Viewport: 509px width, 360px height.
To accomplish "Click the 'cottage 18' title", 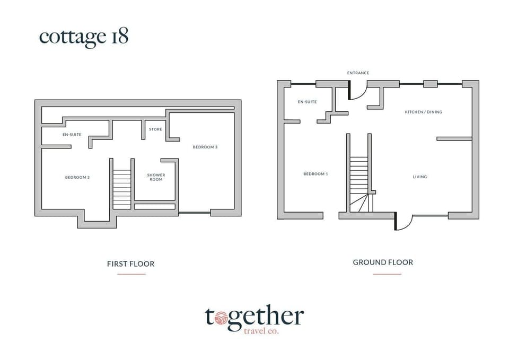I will [84, 37].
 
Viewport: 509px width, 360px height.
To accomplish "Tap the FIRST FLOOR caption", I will [130, 264].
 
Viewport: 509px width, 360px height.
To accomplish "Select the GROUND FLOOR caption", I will [383, 262].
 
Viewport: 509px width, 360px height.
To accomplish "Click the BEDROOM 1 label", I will [315, 174].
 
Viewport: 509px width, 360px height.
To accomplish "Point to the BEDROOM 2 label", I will [77, 177].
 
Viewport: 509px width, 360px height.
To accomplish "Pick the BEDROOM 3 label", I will [205, 147].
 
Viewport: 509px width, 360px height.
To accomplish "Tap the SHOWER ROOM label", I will [156, 177].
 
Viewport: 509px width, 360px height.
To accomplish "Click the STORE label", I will [156, 129].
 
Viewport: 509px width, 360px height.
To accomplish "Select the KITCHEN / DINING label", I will [423, 112].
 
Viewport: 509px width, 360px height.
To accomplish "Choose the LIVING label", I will [420, 177].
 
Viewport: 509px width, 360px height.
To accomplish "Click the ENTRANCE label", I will [358, 73].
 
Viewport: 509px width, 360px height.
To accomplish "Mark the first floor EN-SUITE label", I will [72, 135].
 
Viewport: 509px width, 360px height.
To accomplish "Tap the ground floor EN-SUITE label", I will [307, 102].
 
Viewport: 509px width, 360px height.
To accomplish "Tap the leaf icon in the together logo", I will [221, 318].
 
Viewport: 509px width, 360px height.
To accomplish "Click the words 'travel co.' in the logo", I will [260, 331].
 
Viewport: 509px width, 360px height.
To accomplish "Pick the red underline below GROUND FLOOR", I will [387, 274].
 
